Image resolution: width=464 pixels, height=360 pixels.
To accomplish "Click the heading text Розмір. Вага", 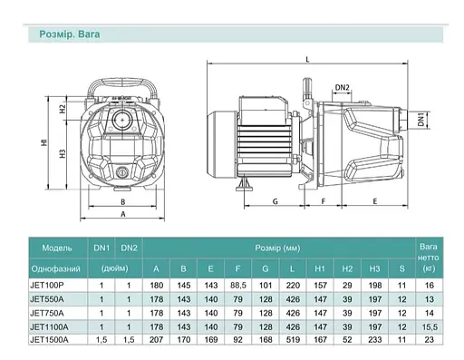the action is pos(70,34).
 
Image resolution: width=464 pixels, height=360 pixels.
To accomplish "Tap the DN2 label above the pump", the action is pos(342,87).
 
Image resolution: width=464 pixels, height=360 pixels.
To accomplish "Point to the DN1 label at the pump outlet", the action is pos(420,119).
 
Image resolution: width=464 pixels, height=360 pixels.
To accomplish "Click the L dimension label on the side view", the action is pos(308,60).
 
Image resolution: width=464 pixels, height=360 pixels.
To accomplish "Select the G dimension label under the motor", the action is pos(275,201).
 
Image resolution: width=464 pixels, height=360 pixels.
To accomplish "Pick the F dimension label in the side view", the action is pos(324,201).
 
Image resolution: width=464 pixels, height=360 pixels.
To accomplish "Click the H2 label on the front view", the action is pos(63,109).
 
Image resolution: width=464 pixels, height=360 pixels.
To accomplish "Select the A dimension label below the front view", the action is pos(123,214).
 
